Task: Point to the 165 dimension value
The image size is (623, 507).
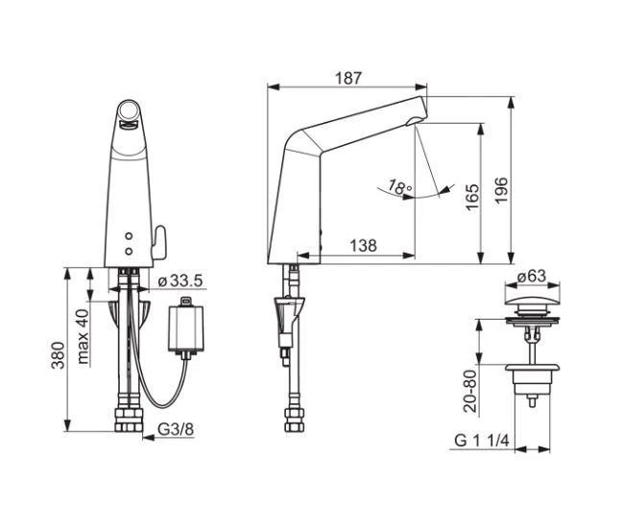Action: (x=470, y=198)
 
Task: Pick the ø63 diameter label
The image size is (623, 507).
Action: (x=531, y=277)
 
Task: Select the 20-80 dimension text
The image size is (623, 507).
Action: (x=470, y=390)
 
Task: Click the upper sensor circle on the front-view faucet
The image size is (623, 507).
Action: (x=129, y=235)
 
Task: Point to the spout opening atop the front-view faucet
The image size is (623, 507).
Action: (x=129, y=117)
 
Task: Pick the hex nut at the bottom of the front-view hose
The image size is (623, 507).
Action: (x=129, y=421)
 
